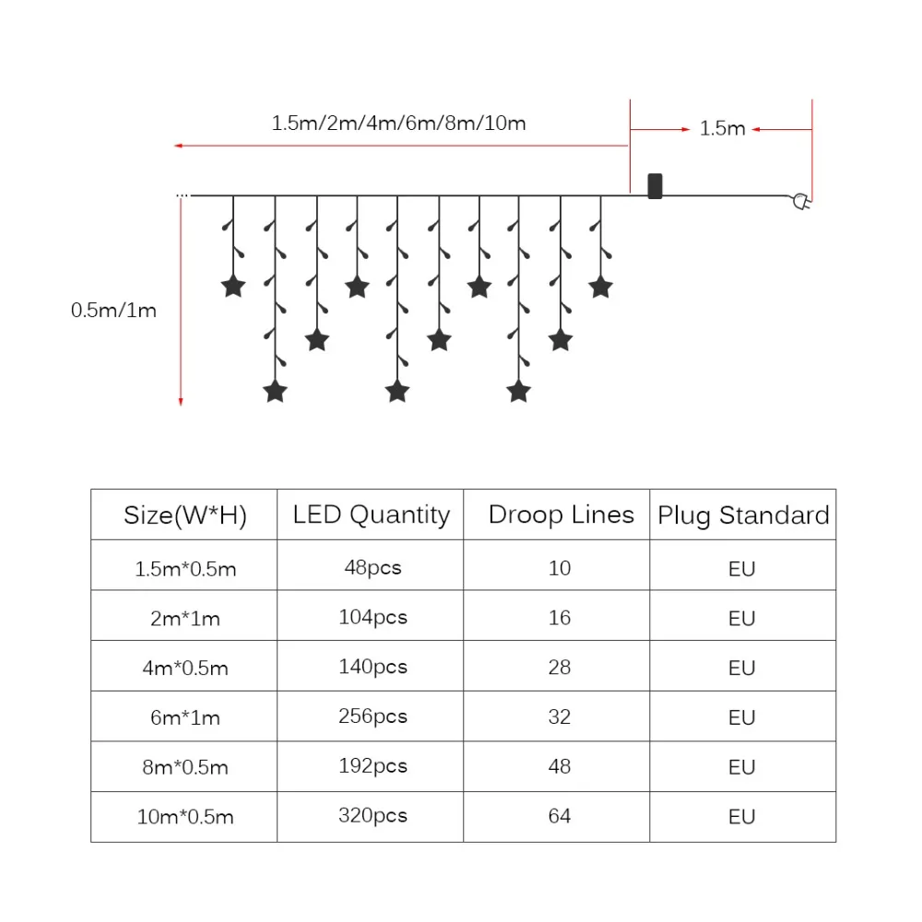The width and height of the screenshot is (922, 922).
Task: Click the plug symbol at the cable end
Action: point(801,202)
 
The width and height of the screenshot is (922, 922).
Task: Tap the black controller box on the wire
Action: point(655,185)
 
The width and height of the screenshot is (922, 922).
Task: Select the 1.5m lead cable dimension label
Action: point(722,128)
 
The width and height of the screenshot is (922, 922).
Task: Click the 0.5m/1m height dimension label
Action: point(113,310)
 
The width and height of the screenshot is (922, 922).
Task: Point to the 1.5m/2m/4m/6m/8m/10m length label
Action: point(398,123)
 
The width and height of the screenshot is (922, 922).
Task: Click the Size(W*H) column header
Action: point(184,514)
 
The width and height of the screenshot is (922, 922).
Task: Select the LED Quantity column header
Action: point(371,514)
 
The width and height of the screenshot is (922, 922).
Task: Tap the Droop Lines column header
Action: point(561,514)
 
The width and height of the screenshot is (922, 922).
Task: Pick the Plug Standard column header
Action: point(743,514)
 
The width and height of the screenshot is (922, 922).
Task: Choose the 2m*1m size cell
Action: point(184,618)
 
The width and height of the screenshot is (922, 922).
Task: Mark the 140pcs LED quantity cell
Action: point(372,667)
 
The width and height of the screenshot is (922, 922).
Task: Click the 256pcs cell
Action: point(372,716)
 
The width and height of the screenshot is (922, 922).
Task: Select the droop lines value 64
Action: point(560,816)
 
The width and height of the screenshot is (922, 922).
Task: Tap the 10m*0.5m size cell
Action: point(184,817)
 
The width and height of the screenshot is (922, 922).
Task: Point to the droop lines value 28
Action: point(560,667)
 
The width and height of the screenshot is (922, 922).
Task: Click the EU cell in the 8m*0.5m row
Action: point(741,767)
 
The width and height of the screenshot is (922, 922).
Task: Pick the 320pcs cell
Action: point(372,816)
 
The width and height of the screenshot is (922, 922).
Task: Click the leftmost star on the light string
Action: point(233,286)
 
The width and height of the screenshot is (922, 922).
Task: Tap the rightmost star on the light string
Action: point(601,286)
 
